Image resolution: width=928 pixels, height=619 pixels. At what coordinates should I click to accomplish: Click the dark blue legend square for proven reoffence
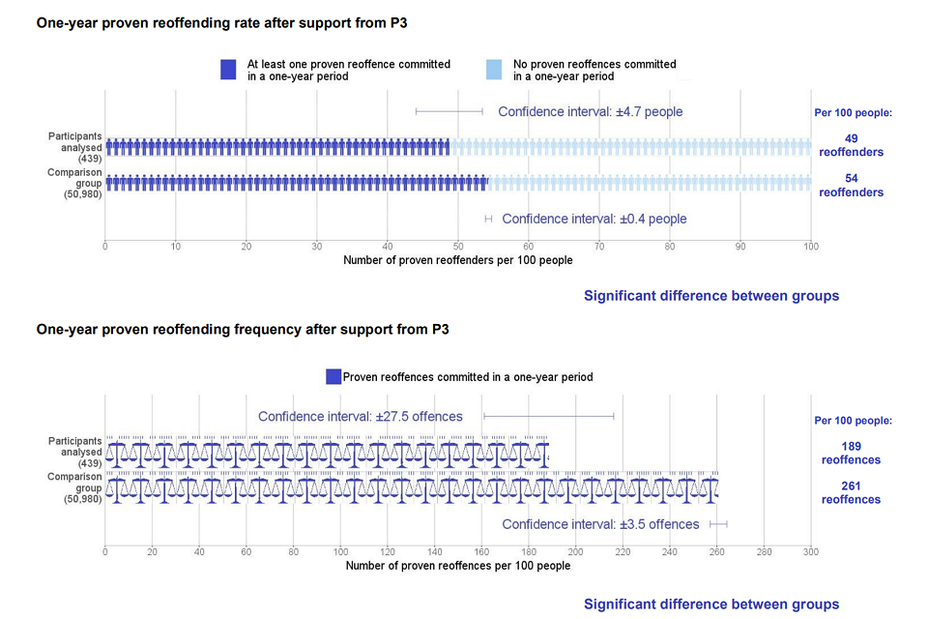point(228,70)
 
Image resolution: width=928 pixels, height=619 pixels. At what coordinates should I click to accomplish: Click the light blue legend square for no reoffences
point(494,70)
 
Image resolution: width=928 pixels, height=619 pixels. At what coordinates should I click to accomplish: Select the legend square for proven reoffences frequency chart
point(333,377)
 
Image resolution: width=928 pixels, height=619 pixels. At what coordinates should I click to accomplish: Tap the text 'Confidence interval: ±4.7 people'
point(590,112)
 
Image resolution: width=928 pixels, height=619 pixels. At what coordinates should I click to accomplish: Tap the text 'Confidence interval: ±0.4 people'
point(594,220)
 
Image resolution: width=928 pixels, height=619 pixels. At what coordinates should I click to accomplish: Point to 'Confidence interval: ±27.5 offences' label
point(361,417)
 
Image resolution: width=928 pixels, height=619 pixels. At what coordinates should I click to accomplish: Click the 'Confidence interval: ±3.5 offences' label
point(600,524)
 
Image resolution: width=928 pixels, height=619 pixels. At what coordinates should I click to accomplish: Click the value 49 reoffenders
point(851,145)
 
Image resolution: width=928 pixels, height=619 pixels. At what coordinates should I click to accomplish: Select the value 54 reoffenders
point(851,185)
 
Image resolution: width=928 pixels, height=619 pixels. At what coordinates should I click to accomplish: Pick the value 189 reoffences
point(851,453)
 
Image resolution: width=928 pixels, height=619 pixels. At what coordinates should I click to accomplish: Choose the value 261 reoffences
point(851,492)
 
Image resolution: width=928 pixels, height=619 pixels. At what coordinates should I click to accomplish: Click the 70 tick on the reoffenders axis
point(599,247)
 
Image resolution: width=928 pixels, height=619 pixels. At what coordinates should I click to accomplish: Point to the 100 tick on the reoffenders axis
point(810,247)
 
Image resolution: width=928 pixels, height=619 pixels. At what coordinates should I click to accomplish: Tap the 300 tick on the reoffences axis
point(810,552)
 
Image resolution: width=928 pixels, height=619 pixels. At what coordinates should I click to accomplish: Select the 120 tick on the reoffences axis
point(388,552)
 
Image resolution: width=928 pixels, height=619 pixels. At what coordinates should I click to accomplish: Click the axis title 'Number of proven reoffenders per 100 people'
point(457,260)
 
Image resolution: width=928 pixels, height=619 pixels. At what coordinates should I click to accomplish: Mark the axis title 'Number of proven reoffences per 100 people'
point(457,566)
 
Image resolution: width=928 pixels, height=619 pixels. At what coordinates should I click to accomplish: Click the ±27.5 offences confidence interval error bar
point(548,417)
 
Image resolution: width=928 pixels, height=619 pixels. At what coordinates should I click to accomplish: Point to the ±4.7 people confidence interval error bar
point(449,111)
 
